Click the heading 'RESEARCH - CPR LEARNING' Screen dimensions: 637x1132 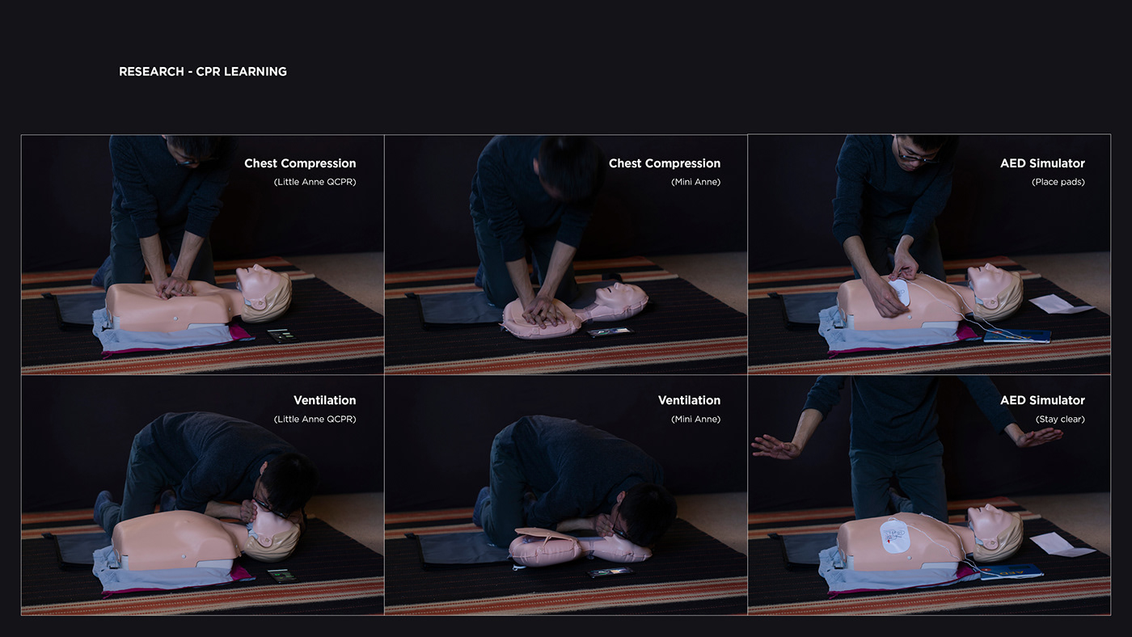coord(202,71)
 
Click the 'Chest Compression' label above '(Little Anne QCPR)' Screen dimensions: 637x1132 coord(300,163)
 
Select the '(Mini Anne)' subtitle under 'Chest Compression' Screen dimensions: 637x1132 coord(695,182)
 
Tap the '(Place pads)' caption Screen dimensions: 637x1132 coord(1058,182)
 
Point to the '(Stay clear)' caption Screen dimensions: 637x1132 coord(1059,420)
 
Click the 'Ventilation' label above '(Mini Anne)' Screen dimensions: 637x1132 coord(689,400)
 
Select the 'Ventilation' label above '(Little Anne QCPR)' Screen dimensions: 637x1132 coord(324,400)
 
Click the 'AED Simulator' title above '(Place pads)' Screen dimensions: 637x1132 coord(1042,163)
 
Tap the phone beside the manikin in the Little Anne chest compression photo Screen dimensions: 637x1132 coord(281,334)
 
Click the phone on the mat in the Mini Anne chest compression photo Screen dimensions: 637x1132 coord(609,331)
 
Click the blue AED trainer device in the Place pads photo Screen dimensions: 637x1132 coord(1018,335)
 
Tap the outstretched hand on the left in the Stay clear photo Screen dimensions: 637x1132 coord(775,446)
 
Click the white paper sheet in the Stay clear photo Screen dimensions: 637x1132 coord(1062,544)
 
